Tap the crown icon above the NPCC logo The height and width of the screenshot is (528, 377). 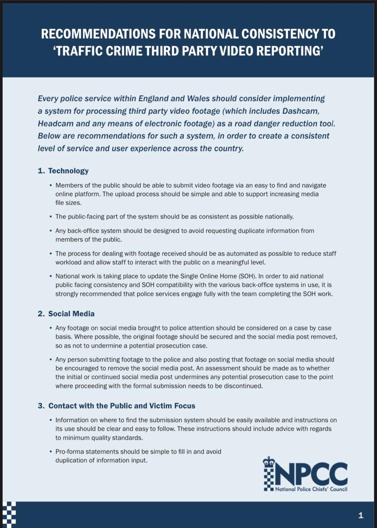click(269, 462)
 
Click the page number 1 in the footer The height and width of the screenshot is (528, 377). click(361, 515)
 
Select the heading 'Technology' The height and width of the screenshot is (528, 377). click(68, 171)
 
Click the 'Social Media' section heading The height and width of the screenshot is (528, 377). click(71, 314)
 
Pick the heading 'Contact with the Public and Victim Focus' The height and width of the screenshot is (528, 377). click(122, 406)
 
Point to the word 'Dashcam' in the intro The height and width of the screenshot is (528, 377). click(300, 111)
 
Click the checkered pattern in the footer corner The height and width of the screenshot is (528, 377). click(9, 514)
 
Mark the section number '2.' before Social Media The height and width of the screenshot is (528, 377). click(41, 314)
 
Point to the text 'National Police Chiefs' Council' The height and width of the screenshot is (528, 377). click(311, 489)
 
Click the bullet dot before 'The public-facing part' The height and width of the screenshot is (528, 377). click(51, 217)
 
